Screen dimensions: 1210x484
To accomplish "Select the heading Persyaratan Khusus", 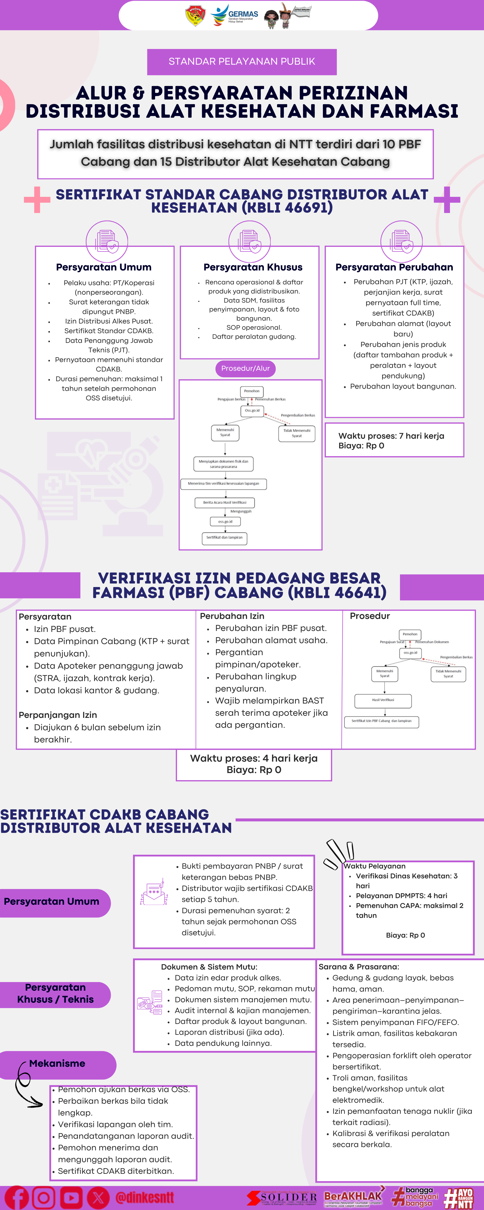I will pyautogui.click(x=253, y=267).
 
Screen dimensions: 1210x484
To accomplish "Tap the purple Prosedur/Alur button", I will pyautogui.click(x=245, y=368).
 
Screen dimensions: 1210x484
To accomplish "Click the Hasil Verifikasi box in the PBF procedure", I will pyautogui.click(x=383, y=700).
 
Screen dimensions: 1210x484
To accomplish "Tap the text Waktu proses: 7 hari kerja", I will pyautogui.click(x=391, y=435).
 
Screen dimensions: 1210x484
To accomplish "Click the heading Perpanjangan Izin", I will pyautogui.click(x=58, y=714).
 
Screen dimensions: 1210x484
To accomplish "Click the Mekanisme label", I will pyautogui.click(x=57, y=1063).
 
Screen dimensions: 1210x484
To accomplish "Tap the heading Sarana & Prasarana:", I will pyautogui.click(x=359, y=966).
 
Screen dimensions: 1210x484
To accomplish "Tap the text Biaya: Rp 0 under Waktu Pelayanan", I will pyautogui.click(x=405, y=935).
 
